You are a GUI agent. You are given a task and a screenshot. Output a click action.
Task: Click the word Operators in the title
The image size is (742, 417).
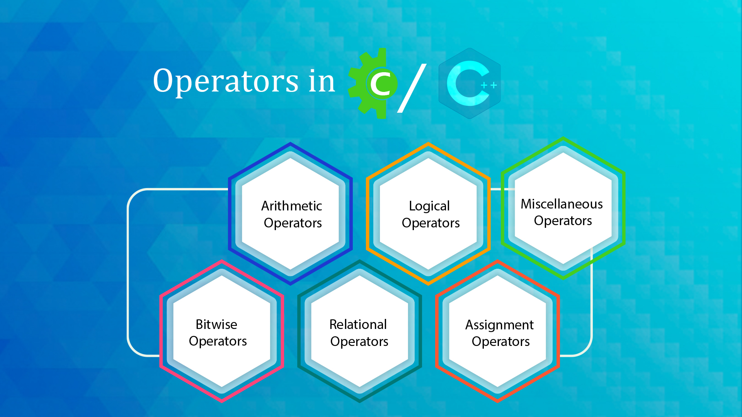pos(226,81)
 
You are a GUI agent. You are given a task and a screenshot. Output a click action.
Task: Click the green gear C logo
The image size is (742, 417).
pos(373,83)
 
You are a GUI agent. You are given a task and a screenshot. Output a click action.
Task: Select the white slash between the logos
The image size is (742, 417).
pos(412,88)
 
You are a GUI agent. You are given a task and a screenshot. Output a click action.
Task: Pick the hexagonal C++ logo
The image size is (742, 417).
pos(470,83)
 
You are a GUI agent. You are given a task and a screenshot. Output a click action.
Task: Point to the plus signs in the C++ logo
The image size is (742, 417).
pos(488,85)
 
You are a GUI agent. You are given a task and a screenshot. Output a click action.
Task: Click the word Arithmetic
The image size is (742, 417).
pos(291,206)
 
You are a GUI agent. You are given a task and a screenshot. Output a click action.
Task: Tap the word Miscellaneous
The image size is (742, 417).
pos(562,204)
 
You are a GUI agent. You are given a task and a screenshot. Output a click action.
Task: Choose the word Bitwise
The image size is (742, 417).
pos(216,324)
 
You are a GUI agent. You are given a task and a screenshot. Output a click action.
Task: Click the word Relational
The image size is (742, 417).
pos(358,324)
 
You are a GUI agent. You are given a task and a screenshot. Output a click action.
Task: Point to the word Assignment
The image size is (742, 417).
pos(499,325)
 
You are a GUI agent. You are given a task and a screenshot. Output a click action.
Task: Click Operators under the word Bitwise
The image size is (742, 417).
pos(218,342)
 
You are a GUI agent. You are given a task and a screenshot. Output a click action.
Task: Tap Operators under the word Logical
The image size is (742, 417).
pos(431,223)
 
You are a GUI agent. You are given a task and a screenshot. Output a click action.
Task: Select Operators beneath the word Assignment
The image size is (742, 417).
pos(501,342)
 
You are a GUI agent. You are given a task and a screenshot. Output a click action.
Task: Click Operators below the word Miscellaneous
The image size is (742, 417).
pos(563,221)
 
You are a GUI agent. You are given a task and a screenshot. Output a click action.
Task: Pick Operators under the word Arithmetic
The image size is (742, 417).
pos(293,223)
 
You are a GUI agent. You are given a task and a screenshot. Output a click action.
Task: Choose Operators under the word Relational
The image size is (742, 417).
pos(359,342)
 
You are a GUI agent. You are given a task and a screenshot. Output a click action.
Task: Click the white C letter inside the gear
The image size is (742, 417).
pos(381,83)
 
